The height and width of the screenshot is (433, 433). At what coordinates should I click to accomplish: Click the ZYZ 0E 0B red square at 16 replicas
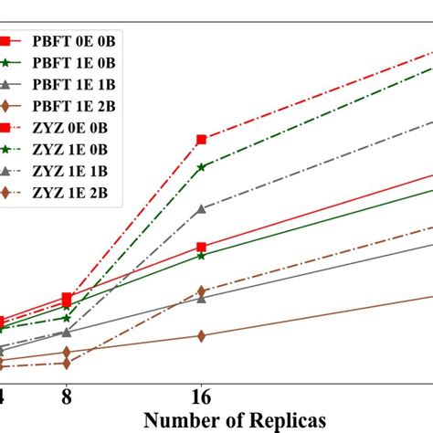coord(202,140)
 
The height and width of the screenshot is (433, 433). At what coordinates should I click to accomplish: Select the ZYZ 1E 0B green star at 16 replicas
coord(202,167)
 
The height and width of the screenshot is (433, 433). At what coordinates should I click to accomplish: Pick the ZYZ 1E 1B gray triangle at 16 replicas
coord(202,209)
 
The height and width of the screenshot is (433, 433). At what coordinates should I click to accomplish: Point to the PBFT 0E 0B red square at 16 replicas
coord(202,247)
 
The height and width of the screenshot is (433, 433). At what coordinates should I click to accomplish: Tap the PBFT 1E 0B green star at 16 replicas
coord(202,256)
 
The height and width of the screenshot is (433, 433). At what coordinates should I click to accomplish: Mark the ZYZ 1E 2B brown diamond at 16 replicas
coord(202,291)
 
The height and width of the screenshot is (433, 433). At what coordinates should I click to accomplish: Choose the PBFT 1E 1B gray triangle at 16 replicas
coord(202,299)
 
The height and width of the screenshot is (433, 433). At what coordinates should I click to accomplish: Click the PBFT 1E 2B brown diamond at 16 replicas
coord(202,336)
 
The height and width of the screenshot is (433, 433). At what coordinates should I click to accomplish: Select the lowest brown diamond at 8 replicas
coord(67,364)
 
